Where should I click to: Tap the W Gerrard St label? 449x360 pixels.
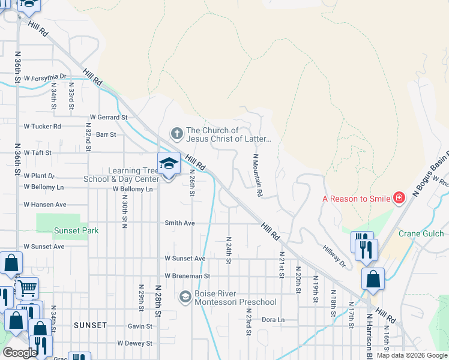pyautogui.click(x=109, y=118)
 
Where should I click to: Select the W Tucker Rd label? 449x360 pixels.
pyautogui.click(x=42, y=127)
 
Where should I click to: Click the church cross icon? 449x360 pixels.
pyautogui.click(x=176, y=133)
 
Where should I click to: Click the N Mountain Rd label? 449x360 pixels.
pyautogui.click(x=257, y=175)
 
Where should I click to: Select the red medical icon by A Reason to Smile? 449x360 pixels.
pyautogui.click(x=398, y=198)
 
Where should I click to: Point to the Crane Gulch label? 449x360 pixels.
pyautogui.click(x=421, y=233)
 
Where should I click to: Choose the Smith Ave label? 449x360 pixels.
pyautogui.click(x=180, y=223)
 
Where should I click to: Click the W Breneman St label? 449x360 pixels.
pyautogui.click(x=187, y=276)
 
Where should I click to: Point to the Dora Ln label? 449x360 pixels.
pyautogui.click(x=273, y=320)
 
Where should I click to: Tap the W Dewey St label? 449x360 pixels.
pyautogui.click(x=134, y=343)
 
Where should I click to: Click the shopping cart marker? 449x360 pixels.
pyautogui.click(x=26, y=289)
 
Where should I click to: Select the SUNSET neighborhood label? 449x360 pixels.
pyautogui.click(x=90, y=325)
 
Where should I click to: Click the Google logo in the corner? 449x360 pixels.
pyautogui.click(x=20, y=353)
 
